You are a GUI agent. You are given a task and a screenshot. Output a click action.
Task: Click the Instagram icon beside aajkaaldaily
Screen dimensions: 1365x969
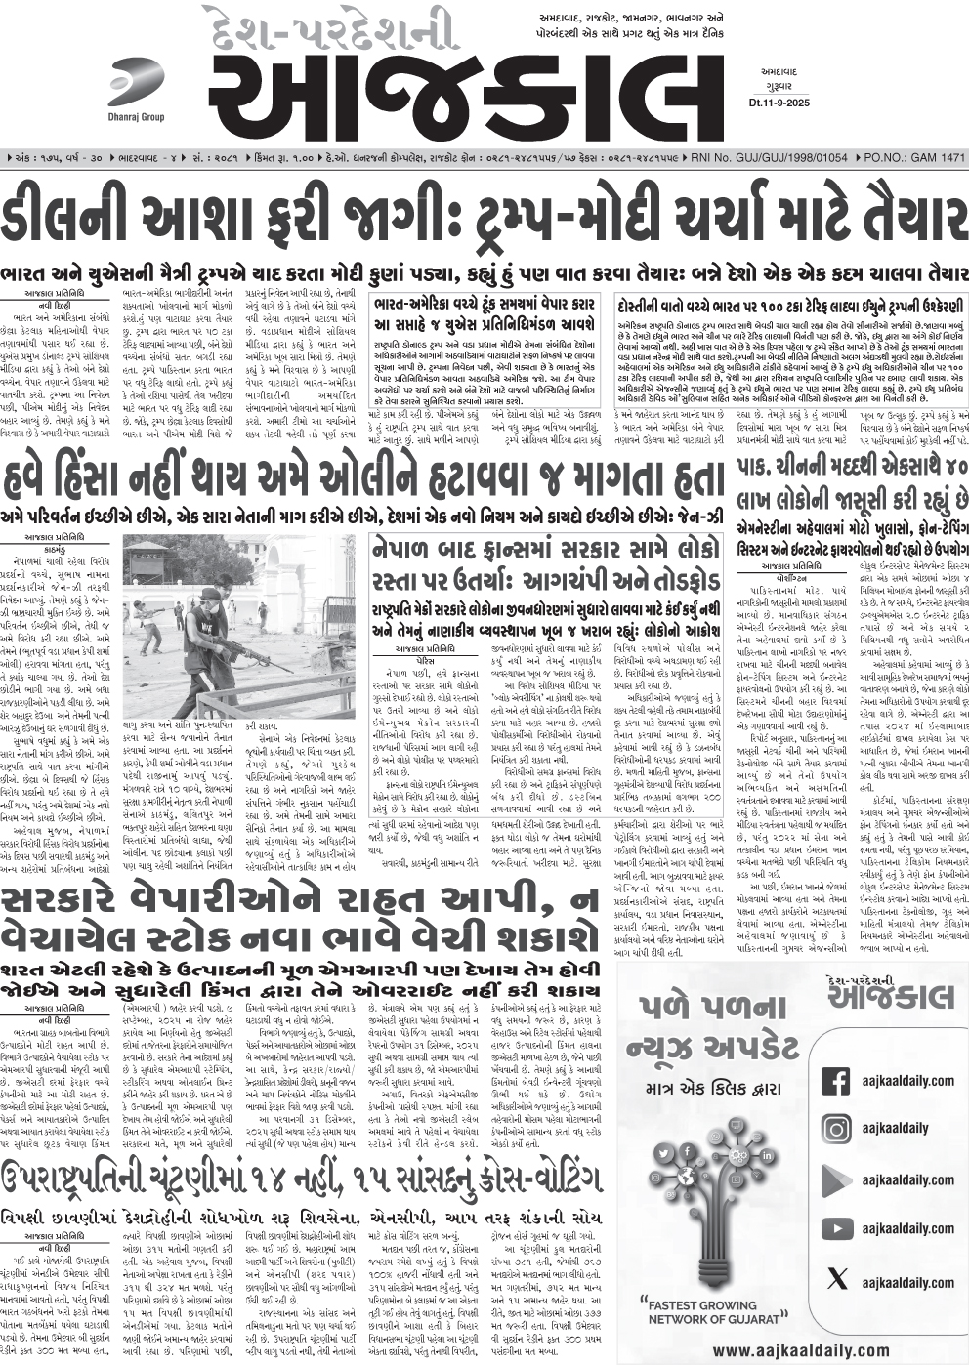click(x=836, y=1129)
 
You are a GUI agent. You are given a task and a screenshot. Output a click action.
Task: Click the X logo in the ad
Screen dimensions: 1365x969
click(x=836, y=1278)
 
